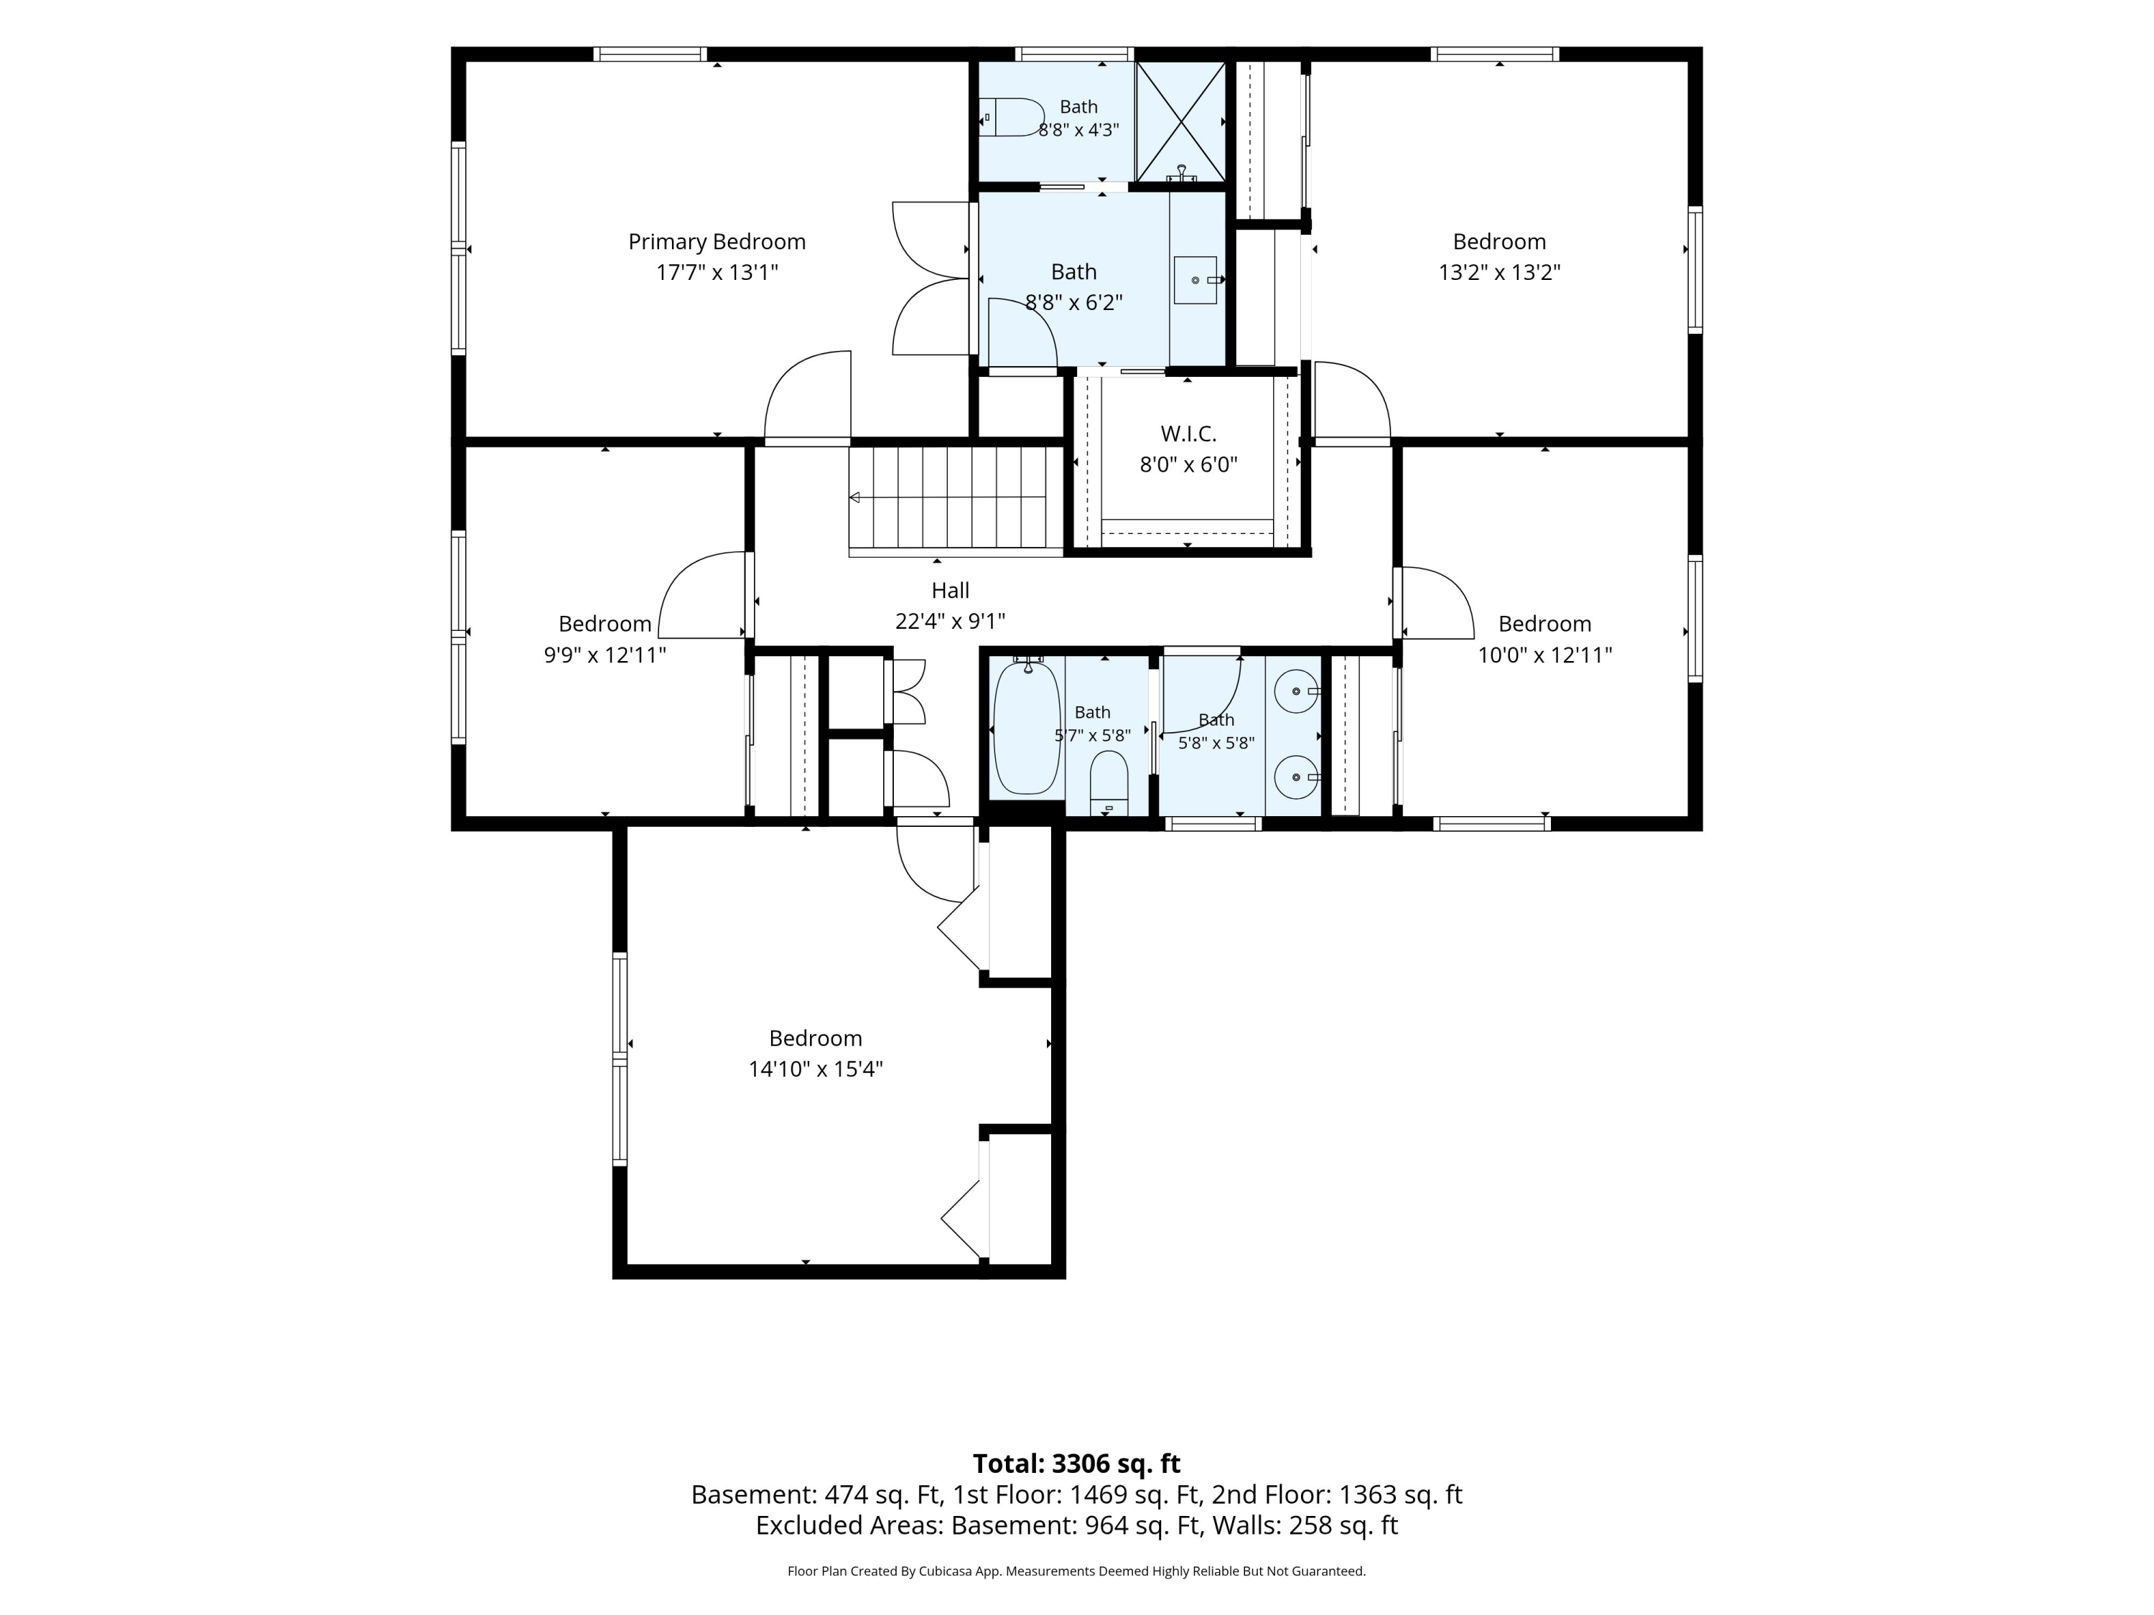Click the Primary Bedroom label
pyautogui.click(x=717, y=241)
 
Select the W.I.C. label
pyautogui.click(x=1188, y=434)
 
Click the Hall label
pyautogui.click(x=951, y=590)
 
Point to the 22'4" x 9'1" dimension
pyautogui.click(x=951, y=621)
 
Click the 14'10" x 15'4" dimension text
pyautogui.click(x=815, y=1069)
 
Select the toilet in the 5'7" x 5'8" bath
pyautogui.click(x=1108, y=782)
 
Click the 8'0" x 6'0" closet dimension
pyautogui.click(x=1188, y=464)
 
